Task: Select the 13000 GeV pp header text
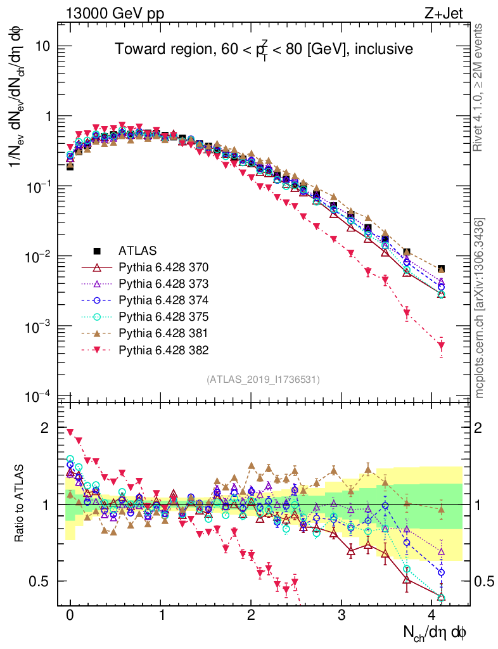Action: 104,12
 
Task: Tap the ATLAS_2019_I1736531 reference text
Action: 263,380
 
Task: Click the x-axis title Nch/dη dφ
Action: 436,631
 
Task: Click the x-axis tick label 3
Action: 342,615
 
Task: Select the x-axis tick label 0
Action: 70,615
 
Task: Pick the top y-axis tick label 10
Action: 43,47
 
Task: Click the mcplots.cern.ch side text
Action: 480,308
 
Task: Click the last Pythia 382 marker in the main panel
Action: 441,345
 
